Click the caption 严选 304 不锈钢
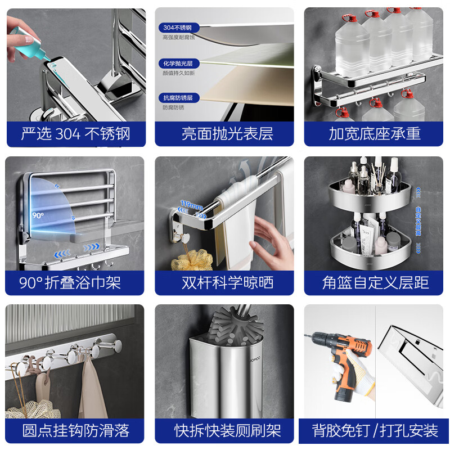pos(75,134)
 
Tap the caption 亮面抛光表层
pos(225,134)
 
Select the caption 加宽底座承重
pos(375,134)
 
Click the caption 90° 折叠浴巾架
pos(75,282)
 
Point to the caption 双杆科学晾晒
pos(225,282)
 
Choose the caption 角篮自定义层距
pos(375,282)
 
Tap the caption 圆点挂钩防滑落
pos(75,431)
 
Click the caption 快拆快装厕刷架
pos(225,431)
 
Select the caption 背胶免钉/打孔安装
pos(375,431)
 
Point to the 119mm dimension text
pos(191,205)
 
